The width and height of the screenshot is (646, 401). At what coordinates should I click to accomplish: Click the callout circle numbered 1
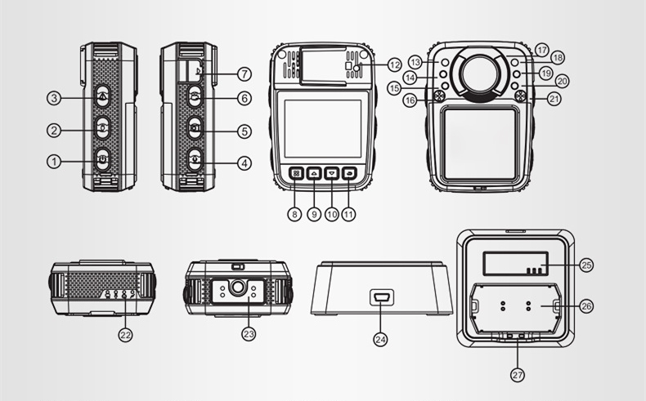(x=53, y=162)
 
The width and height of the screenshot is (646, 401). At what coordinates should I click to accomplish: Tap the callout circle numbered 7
(x=244, y=74)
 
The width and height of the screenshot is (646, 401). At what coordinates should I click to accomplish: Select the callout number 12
(x=394, y=65)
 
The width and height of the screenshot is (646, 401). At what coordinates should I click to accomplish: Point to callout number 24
(x=380, y=339)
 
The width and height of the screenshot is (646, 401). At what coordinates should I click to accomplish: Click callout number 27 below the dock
(x=518, y=375)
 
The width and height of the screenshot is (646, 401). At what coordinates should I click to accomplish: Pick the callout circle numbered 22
(x=125, y=335)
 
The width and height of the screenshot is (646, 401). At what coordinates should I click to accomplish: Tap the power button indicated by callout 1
(x=102, y=158)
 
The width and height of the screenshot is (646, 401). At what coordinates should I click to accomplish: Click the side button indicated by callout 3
(x=102, y=96)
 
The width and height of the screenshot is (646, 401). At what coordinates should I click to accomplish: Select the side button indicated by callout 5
(x=195, y=128)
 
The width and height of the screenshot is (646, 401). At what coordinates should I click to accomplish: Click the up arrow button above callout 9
(x=314, y=174)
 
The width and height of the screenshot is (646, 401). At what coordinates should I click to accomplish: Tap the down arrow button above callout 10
(x=332, y=174)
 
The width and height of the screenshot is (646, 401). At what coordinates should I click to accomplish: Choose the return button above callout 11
(x=349, y=174)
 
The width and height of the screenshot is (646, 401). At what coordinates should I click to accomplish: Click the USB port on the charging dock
(x=382, y=297)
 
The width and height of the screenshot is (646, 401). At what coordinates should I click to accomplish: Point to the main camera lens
(x=481, y=74)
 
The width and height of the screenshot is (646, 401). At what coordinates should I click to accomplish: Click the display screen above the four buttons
(x=322, y=128)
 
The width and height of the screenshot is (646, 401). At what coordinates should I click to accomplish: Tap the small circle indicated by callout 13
(x=445, y=63)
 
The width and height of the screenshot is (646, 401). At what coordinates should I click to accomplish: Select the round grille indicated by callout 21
(x=521, y=96)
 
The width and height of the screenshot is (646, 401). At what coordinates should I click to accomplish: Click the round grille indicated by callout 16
(x=439, y=96)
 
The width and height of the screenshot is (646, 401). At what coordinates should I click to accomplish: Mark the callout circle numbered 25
(x=586, y=265)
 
